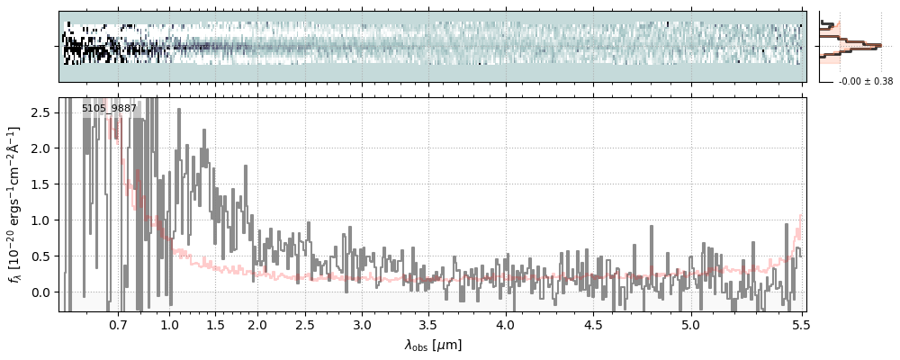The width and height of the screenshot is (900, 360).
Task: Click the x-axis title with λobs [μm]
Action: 433,345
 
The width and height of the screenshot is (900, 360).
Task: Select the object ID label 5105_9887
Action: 109,109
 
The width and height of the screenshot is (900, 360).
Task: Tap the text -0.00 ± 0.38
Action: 865,82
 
